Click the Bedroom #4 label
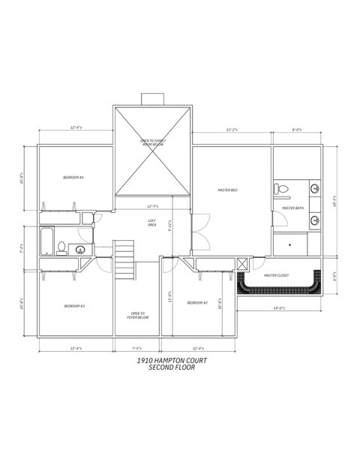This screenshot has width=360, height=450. (73, 177)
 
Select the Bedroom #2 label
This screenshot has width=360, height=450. (196, 302)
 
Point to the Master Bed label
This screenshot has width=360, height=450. (227, 190)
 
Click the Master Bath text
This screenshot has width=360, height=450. (292, 208)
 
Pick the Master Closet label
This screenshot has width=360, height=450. (276, 275)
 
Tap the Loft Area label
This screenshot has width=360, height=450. (151, 223)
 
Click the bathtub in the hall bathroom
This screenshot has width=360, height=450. (46, 241)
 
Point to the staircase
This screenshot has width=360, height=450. (124, 259)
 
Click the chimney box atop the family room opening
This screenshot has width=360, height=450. (152, 100)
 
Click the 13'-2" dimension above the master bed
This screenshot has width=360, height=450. (232, 130)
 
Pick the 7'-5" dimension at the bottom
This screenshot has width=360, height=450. (137, 347)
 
